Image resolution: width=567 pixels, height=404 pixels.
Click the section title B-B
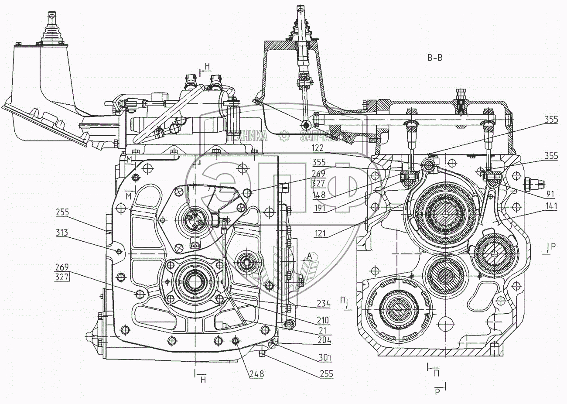click(x=434, y=58)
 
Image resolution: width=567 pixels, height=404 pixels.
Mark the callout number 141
click(x=550, y=208)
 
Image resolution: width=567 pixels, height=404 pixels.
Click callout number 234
click(x=323, y=304)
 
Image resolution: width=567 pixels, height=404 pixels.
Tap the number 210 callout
click(x=323, y=320)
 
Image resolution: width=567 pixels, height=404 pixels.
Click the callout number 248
click(x=256, y=374)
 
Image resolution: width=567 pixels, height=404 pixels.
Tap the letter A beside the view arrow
click(x=309, y=256)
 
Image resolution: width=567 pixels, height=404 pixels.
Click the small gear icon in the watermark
click(x=284, y=137)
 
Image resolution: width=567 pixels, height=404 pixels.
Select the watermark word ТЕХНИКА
click(x=247, y=137)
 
